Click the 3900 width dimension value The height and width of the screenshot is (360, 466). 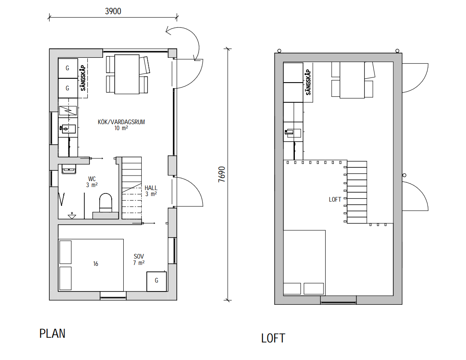pos(113,11)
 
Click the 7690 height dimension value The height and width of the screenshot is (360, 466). pos(222,175)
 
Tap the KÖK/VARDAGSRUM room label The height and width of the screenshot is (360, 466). pos(121,122)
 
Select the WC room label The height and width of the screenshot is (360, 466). pos(92,179)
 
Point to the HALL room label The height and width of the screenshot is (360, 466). pos(151,188)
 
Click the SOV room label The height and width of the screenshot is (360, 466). pos(139,256)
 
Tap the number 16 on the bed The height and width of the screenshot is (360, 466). pos(96,264)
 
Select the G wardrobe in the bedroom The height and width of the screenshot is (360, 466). pos(157,281)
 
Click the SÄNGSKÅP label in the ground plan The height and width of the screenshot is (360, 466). pos(83,78)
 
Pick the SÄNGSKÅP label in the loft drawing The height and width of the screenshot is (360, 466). pos(308,82)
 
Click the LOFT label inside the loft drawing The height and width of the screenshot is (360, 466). pos(335,199)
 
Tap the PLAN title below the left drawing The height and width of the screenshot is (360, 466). pos(52,333)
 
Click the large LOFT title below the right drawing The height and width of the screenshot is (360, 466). pos(273,338)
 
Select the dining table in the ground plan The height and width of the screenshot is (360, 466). pos(127,74)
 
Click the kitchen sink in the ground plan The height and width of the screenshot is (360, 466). pos(68,129)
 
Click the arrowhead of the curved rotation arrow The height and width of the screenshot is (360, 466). pos(169,31)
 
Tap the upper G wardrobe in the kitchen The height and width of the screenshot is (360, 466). pos(68,68)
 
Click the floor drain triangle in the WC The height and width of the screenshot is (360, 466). pos(72,216)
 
